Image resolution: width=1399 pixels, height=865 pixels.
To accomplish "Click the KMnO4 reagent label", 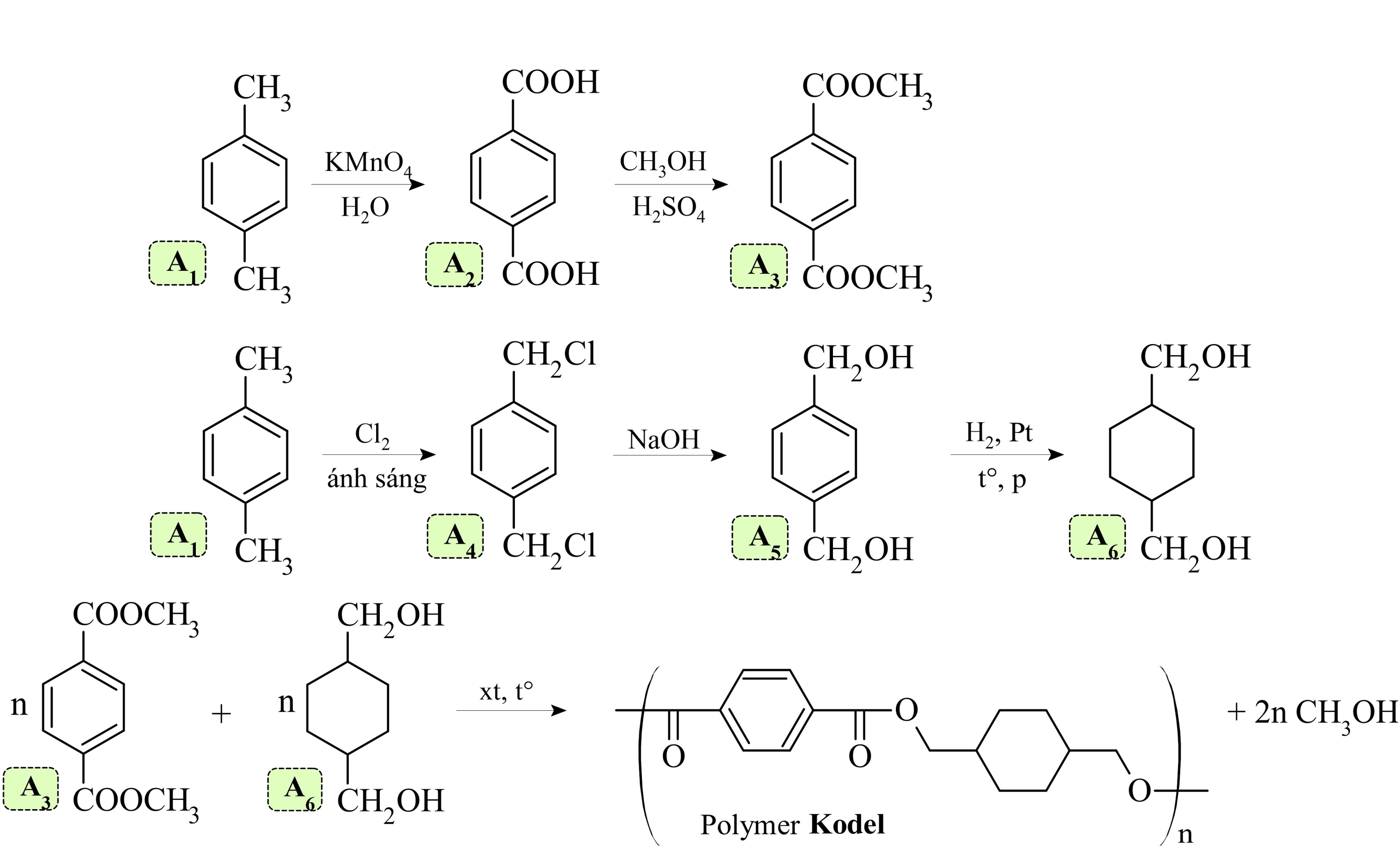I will click(x=368, y=163).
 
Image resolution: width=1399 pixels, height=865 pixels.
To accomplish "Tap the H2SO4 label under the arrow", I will click(x=668, y=208).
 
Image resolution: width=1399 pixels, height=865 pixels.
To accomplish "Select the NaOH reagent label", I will click(x=663, y=439).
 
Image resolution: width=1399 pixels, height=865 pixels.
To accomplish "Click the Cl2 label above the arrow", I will click(x=372, y=434).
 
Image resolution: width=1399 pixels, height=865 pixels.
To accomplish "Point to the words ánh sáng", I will click(x=377, y=478).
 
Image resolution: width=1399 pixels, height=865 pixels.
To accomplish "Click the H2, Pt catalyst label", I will click(x=999, y=434).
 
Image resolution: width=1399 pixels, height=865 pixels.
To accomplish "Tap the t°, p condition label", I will click(x=1002, y=479).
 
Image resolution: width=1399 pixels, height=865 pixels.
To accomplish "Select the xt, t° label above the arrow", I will click(x=506, y=692).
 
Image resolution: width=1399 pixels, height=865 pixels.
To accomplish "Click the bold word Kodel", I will click(x=847, y=824).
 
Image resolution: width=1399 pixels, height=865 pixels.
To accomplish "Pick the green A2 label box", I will click(x=454, y=264).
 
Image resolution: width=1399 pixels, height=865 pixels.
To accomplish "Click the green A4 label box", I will click(x=455, y=536).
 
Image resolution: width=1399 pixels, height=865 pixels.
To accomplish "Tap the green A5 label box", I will click(x=760, y=537).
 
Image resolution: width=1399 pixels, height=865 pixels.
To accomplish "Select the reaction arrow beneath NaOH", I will click(x=669, y=455).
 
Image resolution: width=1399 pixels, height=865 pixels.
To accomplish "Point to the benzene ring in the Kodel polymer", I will click(x=766, y=710).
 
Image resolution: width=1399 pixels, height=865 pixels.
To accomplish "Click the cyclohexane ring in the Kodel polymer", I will click(x=1022, y=750).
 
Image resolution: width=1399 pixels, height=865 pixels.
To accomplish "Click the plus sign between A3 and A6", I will click(x=221, y=714).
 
